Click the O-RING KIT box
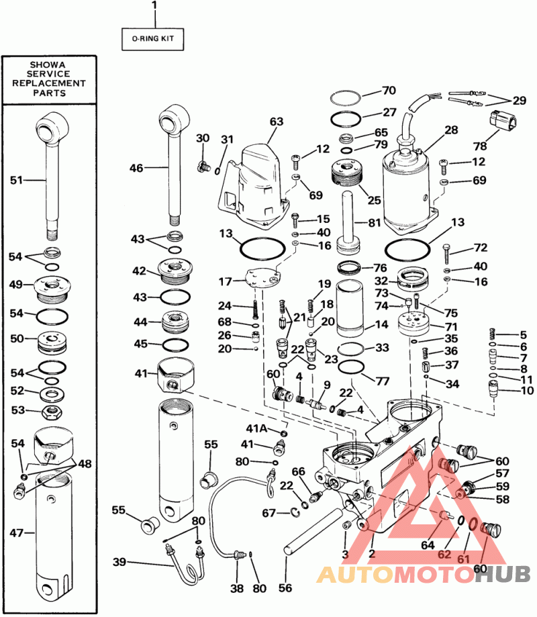(152, 38)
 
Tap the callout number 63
(277, 122)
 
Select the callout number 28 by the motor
(450, 130)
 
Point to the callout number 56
(285, 588)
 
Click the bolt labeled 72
(446, 254)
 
